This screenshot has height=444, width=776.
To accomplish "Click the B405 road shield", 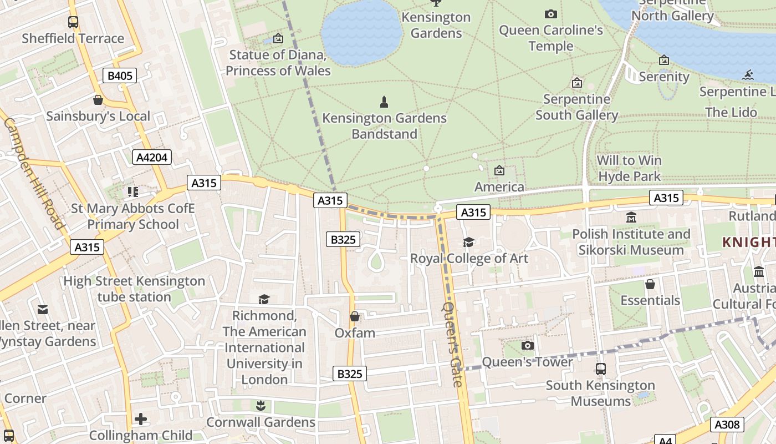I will coord(119,75).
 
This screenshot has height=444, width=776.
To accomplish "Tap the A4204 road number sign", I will coord(152,157).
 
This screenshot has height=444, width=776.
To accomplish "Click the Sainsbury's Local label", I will coord(98,116).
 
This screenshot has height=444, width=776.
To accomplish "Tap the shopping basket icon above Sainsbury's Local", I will coord(98,100).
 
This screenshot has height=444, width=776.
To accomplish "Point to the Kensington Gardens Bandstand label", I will coord(384,126).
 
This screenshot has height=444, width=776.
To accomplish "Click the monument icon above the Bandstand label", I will coord(384,102).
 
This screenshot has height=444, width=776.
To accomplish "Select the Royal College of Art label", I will coord(469,258).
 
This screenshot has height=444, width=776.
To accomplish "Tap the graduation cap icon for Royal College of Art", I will coord(468,242).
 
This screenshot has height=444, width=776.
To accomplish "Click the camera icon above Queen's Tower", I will coord(528,346).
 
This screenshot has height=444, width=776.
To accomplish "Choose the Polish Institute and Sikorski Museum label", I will coord(631,242).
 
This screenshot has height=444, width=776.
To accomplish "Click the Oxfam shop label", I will coord(355,333).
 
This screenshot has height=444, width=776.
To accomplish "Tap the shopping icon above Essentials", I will coord(650,284).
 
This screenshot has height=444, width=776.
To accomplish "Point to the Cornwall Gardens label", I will coord(261,422).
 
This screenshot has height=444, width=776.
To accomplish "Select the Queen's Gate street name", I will coord(452,344).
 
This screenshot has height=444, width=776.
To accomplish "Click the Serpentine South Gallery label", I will coord(576,107).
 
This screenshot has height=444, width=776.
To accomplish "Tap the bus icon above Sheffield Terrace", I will coord(73,22).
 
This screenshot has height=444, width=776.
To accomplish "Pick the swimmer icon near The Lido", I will coord(749,75).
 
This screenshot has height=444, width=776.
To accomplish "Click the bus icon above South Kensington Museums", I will coord(600,369).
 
